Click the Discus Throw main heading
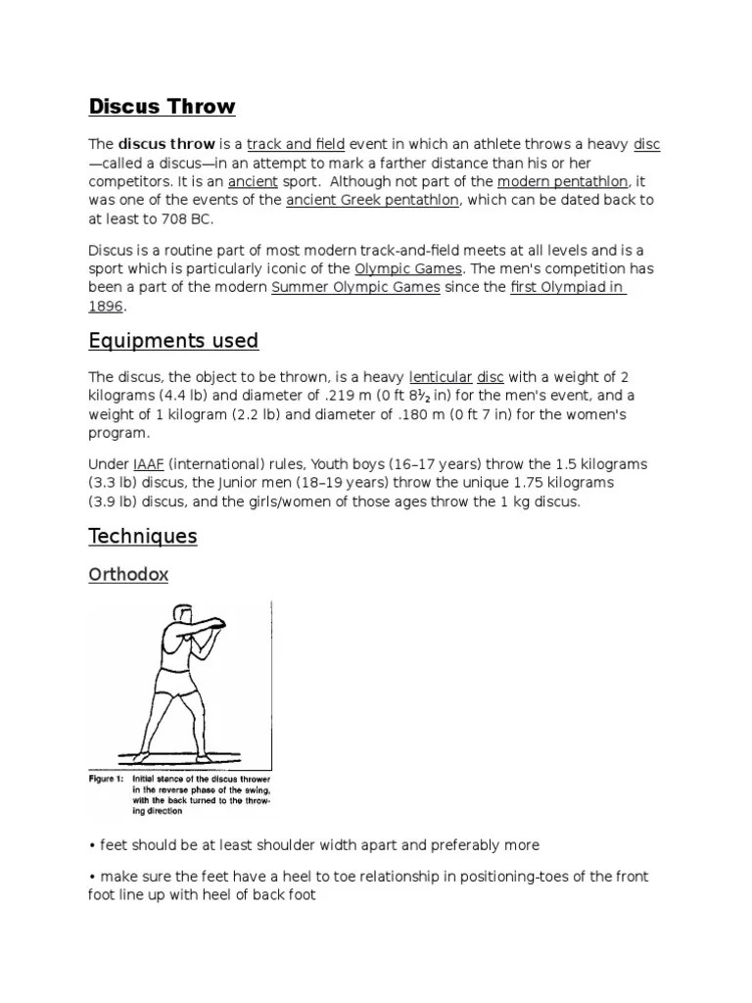(162, 106)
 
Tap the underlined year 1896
(106, 307)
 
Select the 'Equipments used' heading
(173, 341)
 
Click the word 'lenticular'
(439, 376)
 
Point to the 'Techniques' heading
(142, 536)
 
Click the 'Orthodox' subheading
(128, 575)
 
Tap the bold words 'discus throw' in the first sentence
(166, 144)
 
